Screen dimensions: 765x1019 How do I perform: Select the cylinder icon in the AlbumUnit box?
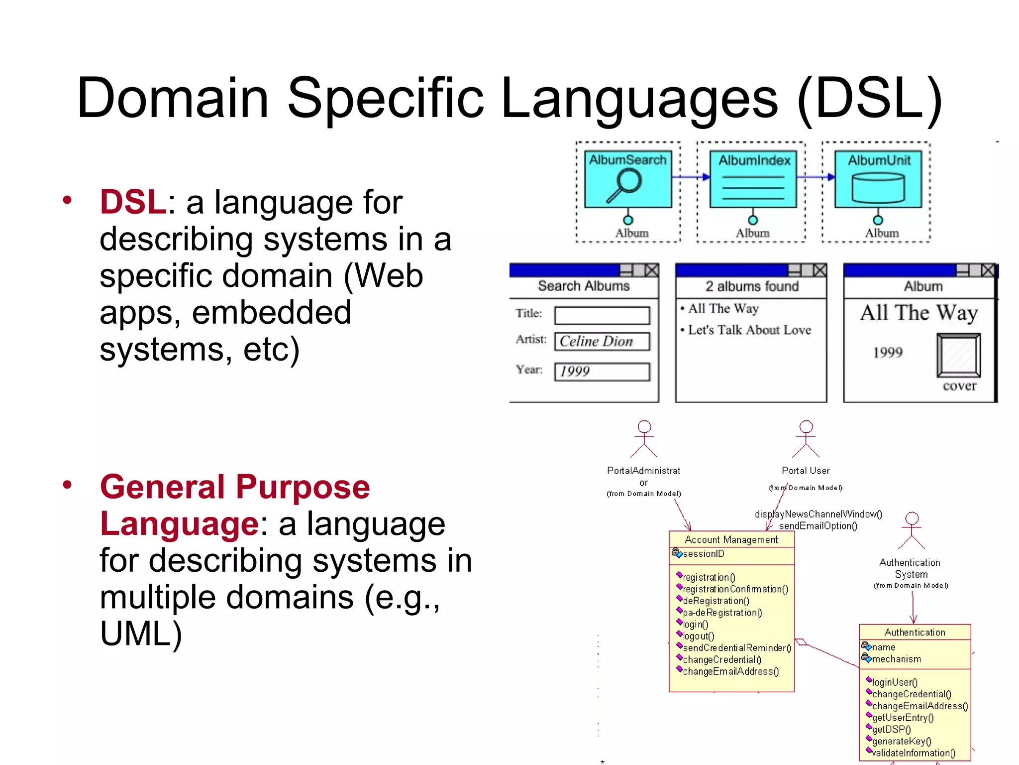tap(878, 188)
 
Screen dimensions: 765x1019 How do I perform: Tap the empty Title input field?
tap(602, 315)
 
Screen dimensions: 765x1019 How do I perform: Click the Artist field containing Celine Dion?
tap(602, 342)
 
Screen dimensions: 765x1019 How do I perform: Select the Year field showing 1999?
tap(602, 372)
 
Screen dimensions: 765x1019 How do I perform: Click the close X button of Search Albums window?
tap(651, 270)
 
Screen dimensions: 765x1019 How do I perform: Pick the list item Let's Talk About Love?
tap(749, 330)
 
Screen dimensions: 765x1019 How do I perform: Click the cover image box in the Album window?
tap(958, 355)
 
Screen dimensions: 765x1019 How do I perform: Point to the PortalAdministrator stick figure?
tap(644, 439)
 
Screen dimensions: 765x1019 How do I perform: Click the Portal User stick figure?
tap(806, 439)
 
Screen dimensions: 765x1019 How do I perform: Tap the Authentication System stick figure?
tap(912, 530)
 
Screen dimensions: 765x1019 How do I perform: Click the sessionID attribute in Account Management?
tap(704, 554)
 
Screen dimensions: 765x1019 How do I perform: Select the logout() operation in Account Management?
tap(698, 636)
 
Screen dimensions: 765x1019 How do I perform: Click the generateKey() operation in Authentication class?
tap(901, 741)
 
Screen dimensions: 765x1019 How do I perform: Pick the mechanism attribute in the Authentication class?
tap(896, 659)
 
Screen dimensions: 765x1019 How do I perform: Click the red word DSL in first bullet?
tap(132, 202)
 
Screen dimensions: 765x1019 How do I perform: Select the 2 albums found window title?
tap(751, 286)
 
